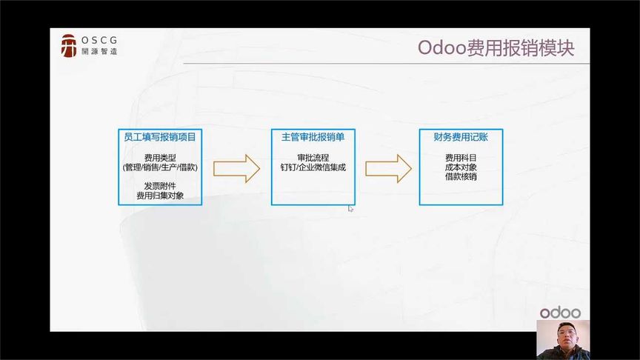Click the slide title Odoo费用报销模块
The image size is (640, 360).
[496, 47]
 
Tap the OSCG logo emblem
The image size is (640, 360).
[69, 46]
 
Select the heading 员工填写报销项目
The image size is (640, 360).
[160, 137]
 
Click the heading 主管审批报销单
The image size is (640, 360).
[313, 137]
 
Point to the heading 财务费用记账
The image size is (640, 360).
[461, 137]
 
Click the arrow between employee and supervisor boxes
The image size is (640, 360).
[237, 168]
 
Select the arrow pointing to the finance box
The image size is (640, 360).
[389, 168]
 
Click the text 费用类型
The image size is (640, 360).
[160, 158]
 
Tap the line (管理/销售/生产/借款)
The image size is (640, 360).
[160, 167]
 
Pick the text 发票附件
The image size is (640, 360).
[160, 186]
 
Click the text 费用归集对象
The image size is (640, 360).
[160, 196]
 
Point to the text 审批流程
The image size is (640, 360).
[313, 158]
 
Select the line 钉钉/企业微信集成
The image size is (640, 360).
[313, 167]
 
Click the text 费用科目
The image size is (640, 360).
[461, 158]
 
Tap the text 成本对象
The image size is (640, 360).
[461, 167]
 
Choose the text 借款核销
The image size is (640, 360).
[461, 177]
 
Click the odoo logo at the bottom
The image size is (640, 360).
[560, 313]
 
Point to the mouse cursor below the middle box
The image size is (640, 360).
[350, 209]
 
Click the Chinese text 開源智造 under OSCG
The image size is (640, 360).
[99, 51]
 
